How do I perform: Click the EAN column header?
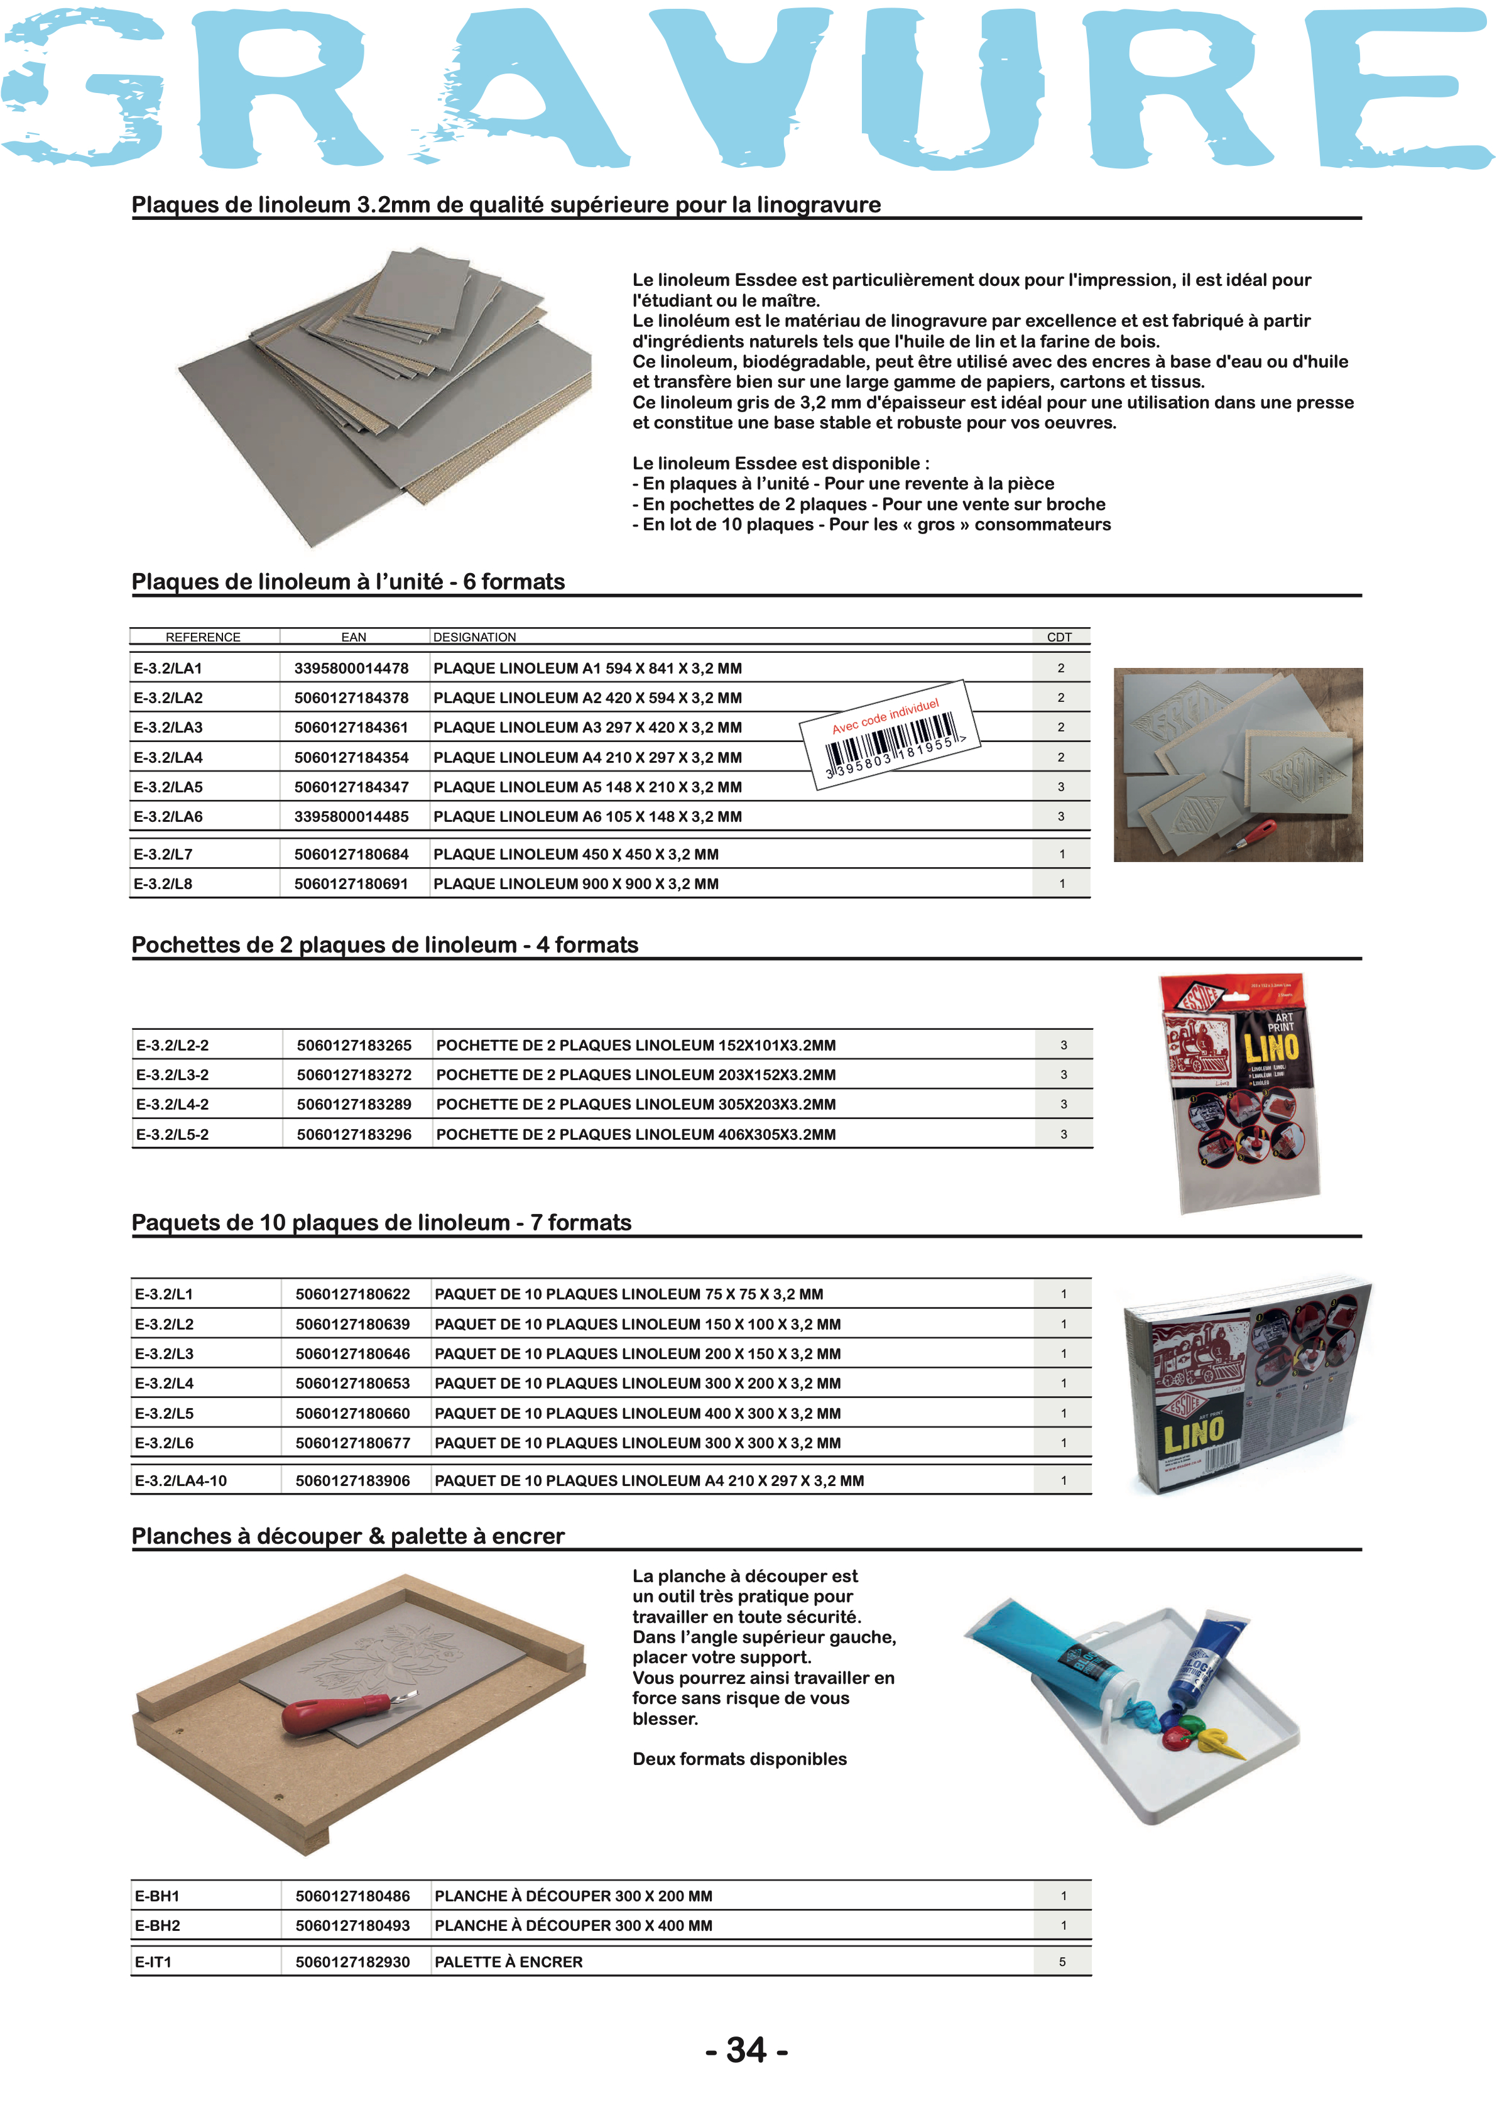pos(353,637)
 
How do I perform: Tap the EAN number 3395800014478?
pos(351,669)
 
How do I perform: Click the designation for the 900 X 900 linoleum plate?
pos(575,883)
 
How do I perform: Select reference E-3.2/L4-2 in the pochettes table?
pos(172,1105)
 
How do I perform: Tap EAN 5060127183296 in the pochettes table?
pos(354,1134)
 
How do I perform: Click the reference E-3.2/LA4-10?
pos(181,1480)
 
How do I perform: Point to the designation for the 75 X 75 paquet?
pos(629,1294)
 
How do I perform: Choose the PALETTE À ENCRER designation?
pos(508,1962)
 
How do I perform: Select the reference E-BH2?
pos(158,1926)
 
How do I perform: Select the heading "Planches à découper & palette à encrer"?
pos(349,1536)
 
